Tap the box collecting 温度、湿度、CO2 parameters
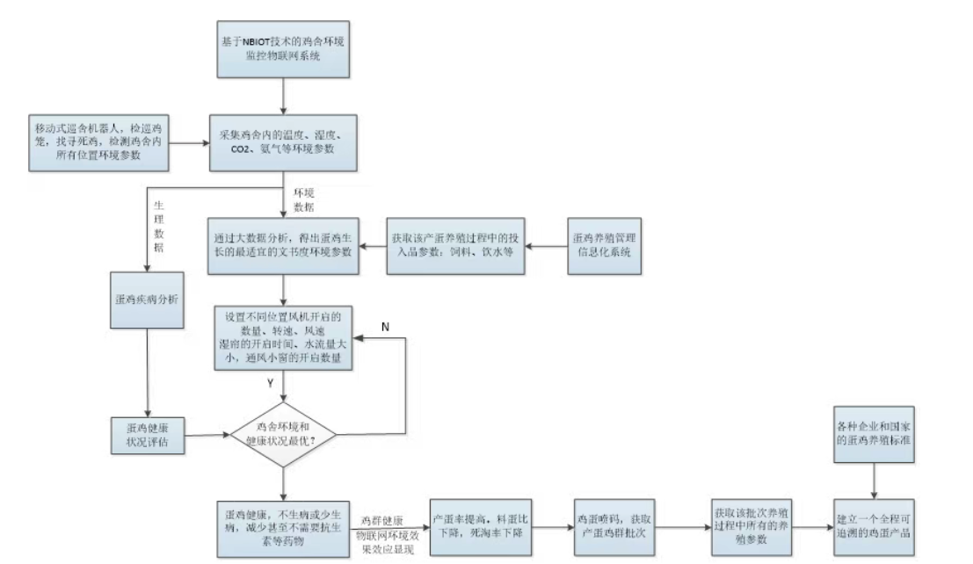point(281,142)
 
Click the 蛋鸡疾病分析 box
point(147,300)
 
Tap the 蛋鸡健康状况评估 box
point(147,434)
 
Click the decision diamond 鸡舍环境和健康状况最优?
point(284,434)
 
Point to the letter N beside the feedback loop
point(384,327)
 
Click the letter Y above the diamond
point(270,383)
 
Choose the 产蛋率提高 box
point(481,525)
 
